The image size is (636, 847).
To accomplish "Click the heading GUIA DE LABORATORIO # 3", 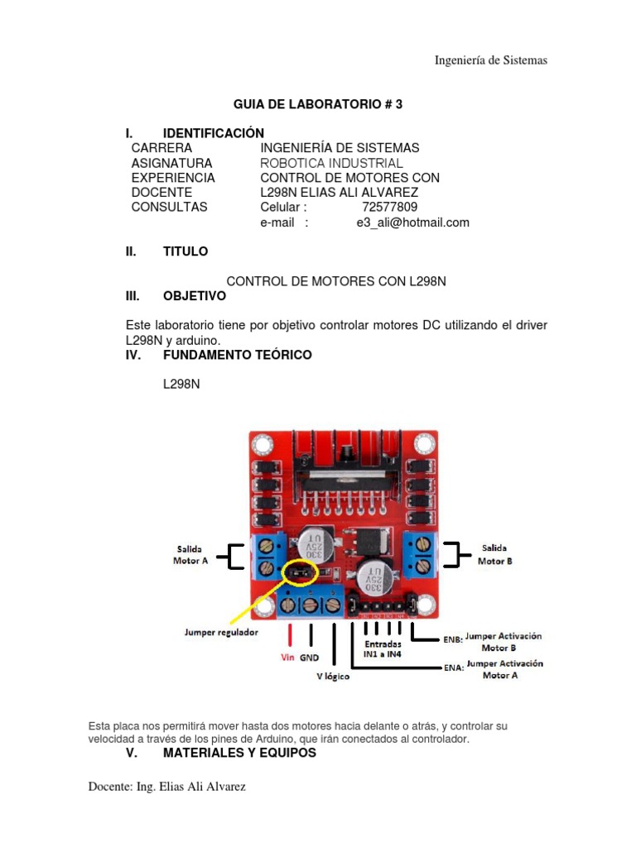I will (x=318, y=104).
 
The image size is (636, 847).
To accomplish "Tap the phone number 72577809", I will (x=390, y=207).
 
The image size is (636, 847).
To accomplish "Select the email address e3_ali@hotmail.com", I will (x=412, y=223).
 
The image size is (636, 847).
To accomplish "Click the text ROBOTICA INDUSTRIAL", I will (x=331, y=163).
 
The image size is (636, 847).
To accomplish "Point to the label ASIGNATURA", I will (x=171, y=163).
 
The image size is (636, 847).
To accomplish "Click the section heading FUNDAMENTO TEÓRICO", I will (x=238, y=355).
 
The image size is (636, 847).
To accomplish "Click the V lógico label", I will (x=333, y=677).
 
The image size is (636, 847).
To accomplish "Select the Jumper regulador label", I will (x=221, y=633).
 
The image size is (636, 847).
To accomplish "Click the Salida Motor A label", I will (x=190, y=553).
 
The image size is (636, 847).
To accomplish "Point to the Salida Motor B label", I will (x=495, y=553).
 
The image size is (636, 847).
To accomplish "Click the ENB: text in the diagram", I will (x=453, y=639).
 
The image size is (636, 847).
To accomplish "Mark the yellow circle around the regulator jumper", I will (x=301, y=572).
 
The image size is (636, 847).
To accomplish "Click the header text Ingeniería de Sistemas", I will (x=491, y=60).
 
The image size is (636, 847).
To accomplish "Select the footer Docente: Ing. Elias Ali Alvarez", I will (x=167, y=787).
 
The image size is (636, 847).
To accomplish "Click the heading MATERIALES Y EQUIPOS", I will (x=239, y=754).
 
